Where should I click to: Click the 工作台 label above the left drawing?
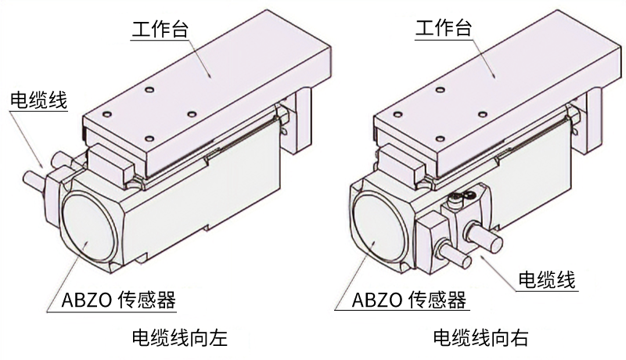pyautogui.click(x=160, y=29)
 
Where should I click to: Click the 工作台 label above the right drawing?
pyautogui.click(x=444, y=29)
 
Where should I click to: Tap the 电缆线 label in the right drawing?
pyautogui.click(x=548, y=279)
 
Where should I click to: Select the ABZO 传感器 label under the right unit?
pyautogui.click(x=408, y=299)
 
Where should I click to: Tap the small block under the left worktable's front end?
pyautogui.click(x=110, y=164)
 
